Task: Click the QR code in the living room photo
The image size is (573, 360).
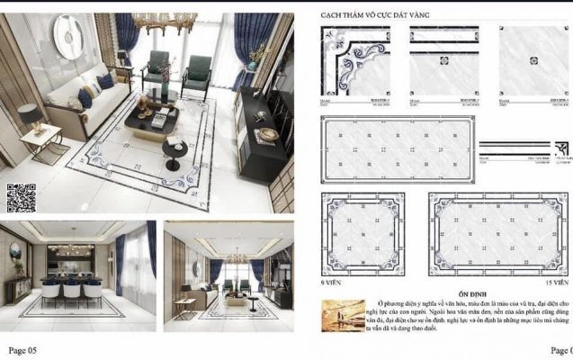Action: (x=21, y=197)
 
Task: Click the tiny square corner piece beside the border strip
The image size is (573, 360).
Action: (x=562, y=148)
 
